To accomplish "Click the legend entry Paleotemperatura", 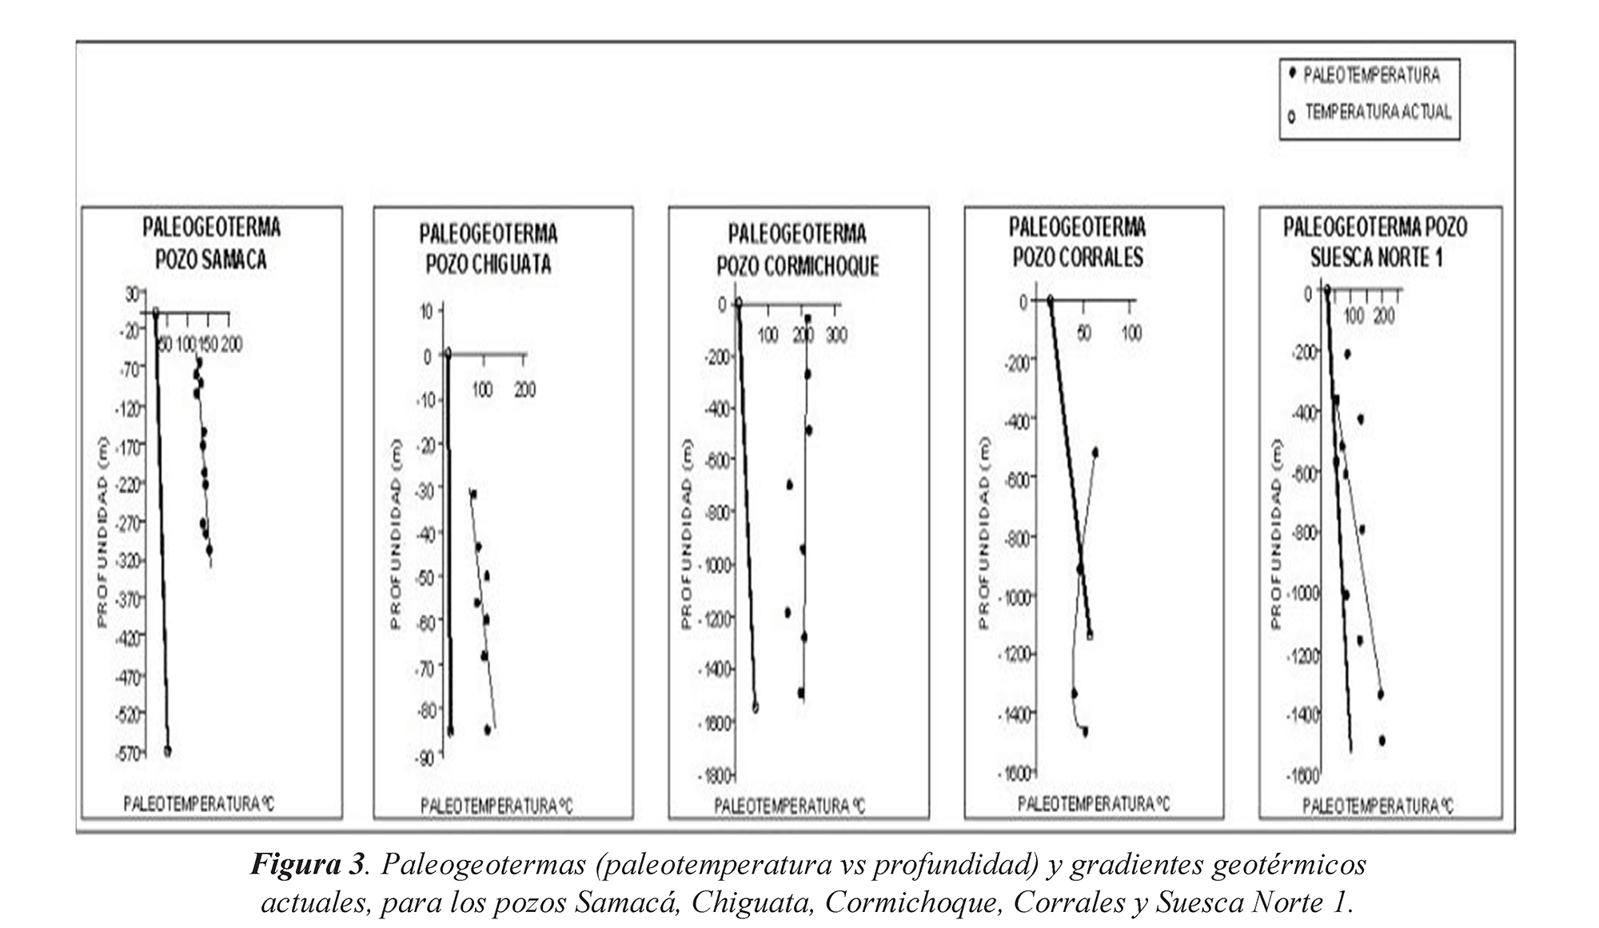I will (x=1371, y=75).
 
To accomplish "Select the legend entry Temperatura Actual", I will (x=1378, y=112).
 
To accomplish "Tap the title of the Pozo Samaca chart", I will (x=212, y=243).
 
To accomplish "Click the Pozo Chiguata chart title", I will (x=488, y=249).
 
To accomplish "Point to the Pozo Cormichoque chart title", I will (x=798, y=249).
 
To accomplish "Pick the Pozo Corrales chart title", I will (x=1078, y=241).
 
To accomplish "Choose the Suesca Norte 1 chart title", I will (x=1375, y=241).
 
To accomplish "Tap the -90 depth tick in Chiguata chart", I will (x=424, y=756).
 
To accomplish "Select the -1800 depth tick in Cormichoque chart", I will (x=716, y=775).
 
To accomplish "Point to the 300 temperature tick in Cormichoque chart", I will (x=836, y=334).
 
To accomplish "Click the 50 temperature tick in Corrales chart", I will (x=1083, y=332).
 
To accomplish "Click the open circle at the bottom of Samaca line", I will (x=168, y=751).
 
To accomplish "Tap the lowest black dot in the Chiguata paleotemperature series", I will (x=487, y=729).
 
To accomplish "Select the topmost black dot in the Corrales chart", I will (x=1095, y=452).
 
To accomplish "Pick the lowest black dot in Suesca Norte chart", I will (x=1382, y=740).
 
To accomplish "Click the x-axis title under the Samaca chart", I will (x=198, y=803).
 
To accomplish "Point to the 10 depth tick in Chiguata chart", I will (x=427, y=310).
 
